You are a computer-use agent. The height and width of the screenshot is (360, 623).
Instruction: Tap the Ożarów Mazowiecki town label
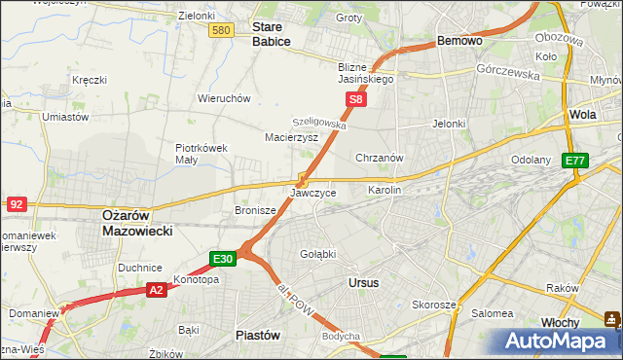(x=137, y=223)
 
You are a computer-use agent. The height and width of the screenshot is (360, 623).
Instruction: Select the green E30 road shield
(x=223, y=259)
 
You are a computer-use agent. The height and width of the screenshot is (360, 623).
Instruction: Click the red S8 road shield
(x=357, y=99)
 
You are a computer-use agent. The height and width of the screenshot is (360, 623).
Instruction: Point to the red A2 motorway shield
(x=157, y=289)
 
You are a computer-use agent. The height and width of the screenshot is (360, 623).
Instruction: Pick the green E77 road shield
(x=575, y=161)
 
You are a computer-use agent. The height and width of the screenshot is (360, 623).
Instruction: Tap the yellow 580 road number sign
(x=221, y=31)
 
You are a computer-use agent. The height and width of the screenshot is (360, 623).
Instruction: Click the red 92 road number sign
(x=16, y=204)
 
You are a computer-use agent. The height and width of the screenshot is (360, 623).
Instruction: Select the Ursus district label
(x=363, y=282)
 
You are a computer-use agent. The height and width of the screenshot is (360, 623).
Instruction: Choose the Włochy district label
(x=561, y=322)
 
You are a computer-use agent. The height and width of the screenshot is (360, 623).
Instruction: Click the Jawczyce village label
(x=313, y=193)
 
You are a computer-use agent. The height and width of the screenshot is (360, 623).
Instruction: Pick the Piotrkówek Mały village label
(x=201, y=156)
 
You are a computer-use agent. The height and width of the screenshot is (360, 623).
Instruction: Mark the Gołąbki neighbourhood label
(x=317, y=253)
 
